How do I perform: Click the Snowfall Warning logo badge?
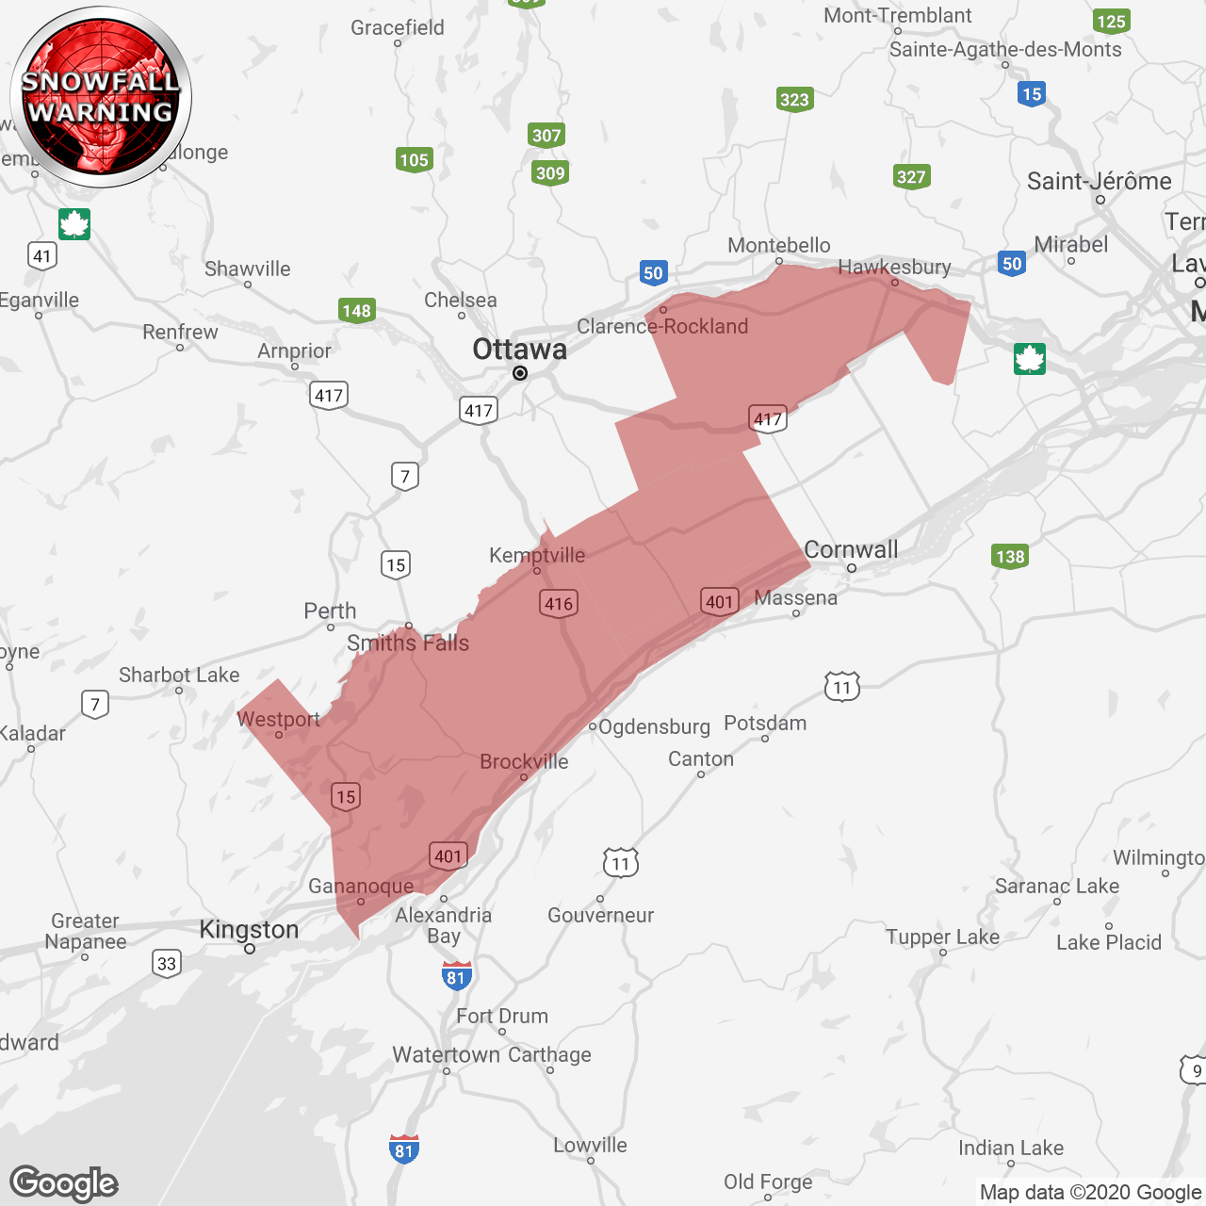click(101, 97)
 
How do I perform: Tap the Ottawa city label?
click(519, 349)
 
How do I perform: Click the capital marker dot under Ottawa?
click(519, 374)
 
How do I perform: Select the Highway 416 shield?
click(559, 604)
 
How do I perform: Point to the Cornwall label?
click(851, 549)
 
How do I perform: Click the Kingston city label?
click(249, 930)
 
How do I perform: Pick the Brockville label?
click(524, 761)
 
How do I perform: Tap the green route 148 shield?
click(357, 311)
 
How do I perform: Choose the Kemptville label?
click(537, 555)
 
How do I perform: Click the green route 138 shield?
click(1010, 556)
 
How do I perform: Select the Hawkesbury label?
click(894, 267)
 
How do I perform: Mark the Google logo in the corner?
click(64, 1183)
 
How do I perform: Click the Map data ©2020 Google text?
click(1090, 1192)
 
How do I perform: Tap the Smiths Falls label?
click(408, 643)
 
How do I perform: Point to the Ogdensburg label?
click(654, 726)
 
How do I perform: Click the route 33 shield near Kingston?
click(167, 963)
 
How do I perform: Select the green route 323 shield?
click(794, 100)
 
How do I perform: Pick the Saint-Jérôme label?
click(1100, 181)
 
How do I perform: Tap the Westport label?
click(278, 719)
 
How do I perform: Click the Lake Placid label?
click(1109, 942)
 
